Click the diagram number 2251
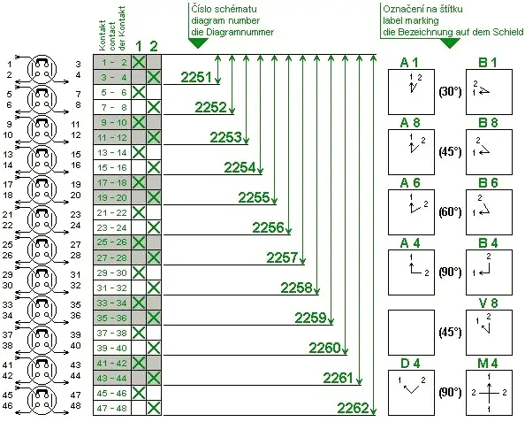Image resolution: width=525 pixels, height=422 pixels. [194, 78]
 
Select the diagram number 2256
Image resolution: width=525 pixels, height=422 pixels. [268, 227]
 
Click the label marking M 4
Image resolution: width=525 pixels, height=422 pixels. [489, 363]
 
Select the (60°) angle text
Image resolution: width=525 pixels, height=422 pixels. [451, 211]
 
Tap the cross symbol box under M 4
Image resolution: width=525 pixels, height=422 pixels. [489, 391]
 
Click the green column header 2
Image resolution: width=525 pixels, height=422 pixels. [154, 46]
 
